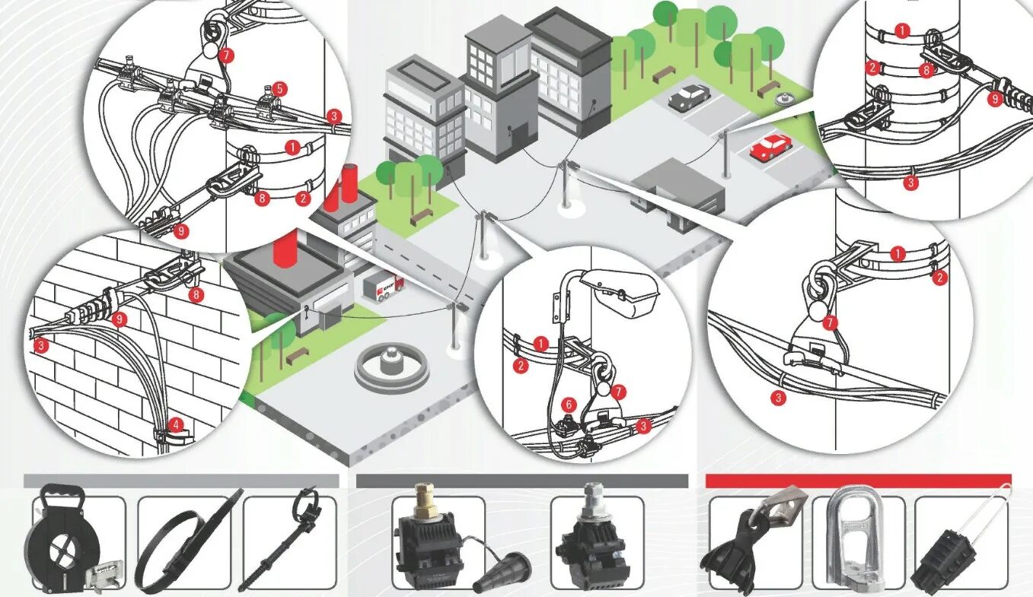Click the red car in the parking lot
[770, 146]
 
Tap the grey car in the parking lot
[689, 96]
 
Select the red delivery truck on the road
[383, 285]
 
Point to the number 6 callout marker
[567, 405]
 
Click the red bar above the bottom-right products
[858, 481]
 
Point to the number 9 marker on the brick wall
[119, 320]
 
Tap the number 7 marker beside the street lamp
[619, 392]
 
